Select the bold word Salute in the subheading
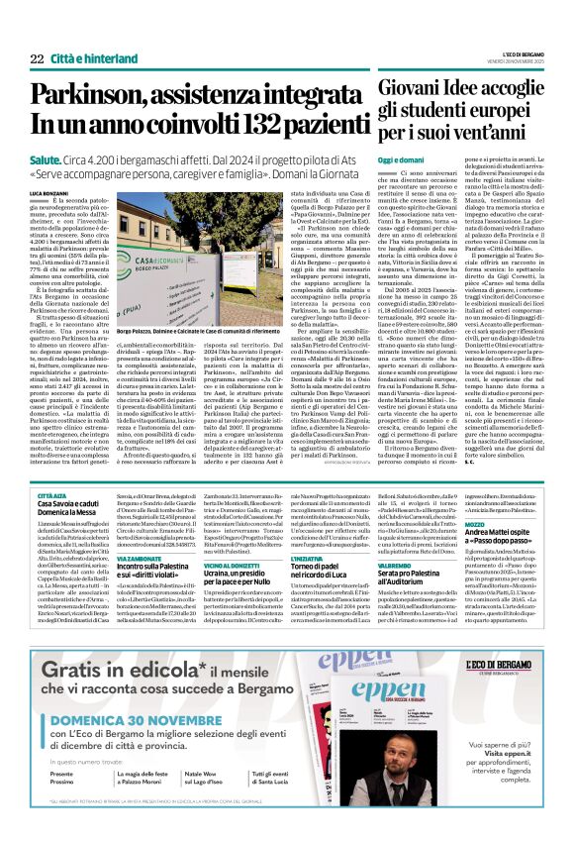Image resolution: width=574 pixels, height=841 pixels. point(46,158)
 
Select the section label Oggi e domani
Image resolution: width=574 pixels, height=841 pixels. point(403,159)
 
